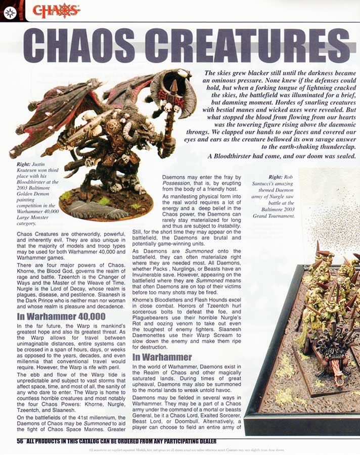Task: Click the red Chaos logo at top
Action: (56, 10)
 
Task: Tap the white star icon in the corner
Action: (10, 12)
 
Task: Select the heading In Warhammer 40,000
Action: (61, 317)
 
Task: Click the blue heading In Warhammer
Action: (162, 357)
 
